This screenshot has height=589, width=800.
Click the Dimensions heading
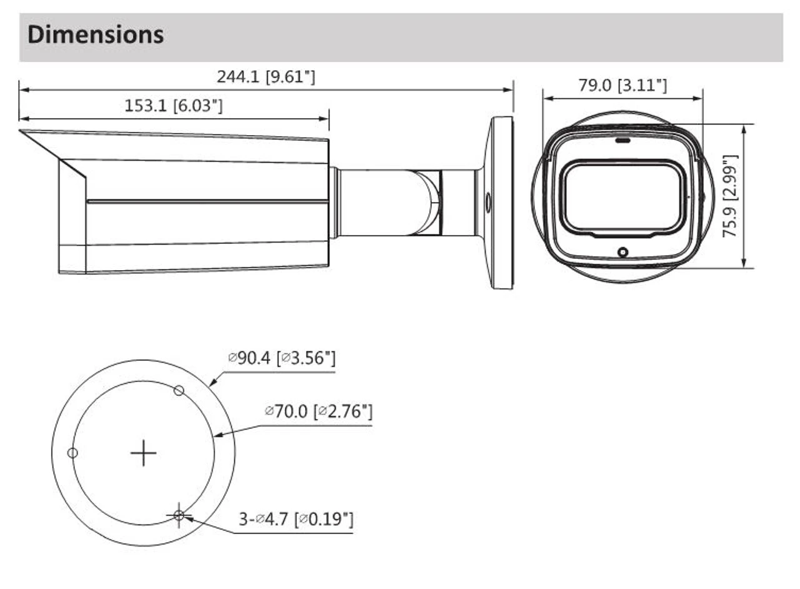click(x=96, y=34)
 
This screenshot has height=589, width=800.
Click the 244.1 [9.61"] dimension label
click(x=266, y=77)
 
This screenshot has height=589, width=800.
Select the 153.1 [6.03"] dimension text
click(x=173, y=106)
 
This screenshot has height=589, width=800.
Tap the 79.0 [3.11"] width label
click(x=622, y=86)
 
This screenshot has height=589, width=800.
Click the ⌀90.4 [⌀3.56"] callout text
click(x=282, y=359)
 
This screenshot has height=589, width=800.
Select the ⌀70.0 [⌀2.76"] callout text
click(x=319, y=411)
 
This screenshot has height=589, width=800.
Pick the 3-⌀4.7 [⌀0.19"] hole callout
click(x=296, y=519)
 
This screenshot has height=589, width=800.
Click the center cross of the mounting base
click(x=144, y=453)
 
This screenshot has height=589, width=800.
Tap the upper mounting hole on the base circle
click(x=179, y=391)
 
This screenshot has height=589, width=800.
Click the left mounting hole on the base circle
click(x=72, y=453)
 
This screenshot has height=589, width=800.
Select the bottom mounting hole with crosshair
click(x=179, y=515)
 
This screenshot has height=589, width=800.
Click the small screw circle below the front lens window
click(x=622, y=251)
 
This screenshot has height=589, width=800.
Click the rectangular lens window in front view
click(x=622, y=198)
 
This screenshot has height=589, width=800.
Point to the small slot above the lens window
click(x=622, y=140)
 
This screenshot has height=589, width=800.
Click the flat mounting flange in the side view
click(x=500, y=203)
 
